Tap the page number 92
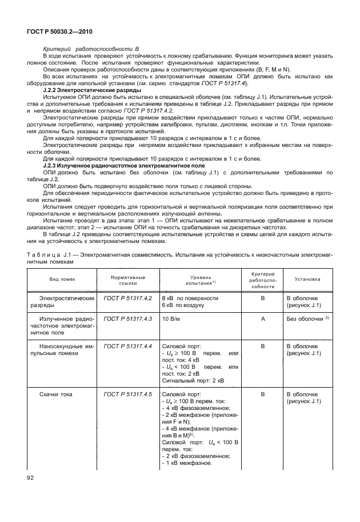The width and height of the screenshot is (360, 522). (30, 476)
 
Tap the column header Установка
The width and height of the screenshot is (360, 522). (307, 279)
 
